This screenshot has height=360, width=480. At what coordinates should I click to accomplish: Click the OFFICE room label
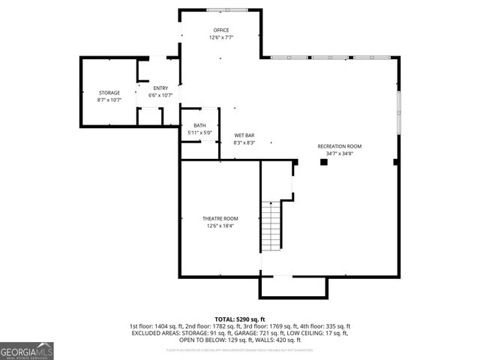[221, 30]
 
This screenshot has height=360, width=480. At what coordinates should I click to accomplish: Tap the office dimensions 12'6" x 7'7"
[221, 37]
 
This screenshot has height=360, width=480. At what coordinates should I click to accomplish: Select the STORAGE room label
[109, 93]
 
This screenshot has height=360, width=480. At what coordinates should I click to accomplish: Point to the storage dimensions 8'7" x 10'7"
[109, 100]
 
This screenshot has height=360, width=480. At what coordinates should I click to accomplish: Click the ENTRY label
[161, 88]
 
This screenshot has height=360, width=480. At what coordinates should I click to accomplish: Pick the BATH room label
[199, 125]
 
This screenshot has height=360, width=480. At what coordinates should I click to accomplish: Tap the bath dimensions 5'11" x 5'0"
[199, 133]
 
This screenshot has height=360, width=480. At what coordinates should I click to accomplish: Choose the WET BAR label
[244, 135]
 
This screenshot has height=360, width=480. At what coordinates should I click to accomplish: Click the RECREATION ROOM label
[339, 146]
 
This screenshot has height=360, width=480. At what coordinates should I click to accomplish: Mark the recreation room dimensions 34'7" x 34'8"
[339, 154]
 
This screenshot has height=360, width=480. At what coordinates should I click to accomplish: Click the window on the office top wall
[220, 10]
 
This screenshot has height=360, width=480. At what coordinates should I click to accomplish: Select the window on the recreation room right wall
[399, 104]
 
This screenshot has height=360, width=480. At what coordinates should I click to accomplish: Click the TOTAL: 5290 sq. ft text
[240, 319]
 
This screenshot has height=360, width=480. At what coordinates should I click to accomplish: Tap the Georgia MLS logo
[27, 351]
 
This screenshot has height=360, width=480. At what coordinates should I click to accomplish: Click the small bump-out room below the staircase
[293, 286]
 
